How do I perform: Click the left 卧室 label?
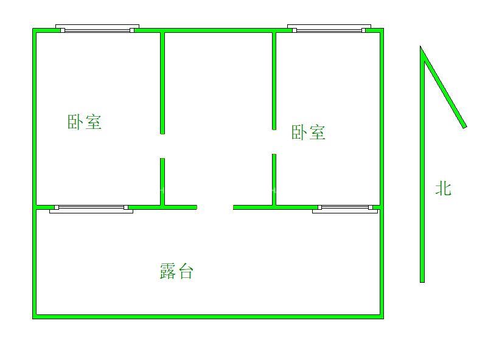click(84, 122)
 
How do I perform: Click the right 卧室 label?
click(308, 133)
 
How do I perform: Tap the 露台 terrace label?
click(176, 271)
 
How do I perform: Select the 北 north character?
click(443, 189)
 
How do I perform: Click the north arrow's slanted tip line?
click(444, 88)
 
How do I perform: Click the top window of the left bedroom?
click(97, 29)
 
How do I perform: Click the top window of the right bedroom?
click(329, 29)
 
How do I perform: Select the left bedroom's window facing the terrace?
click(91, 209)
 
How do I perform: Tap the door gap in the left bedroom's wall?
click(162, 146)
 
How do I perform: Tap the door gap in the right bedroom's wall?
click(274, 142)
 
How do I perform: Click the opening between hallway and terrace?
click(215, 207)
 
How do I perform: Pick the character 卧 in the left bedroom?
click(75, 122)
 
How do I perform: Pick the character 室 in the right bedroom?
click(317, 133)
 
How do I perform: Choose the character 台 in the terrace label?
click(186, 271)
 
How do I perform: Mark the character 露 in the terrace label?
click(168, 271)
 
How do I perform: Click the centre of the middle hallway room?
click(218, 119)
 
